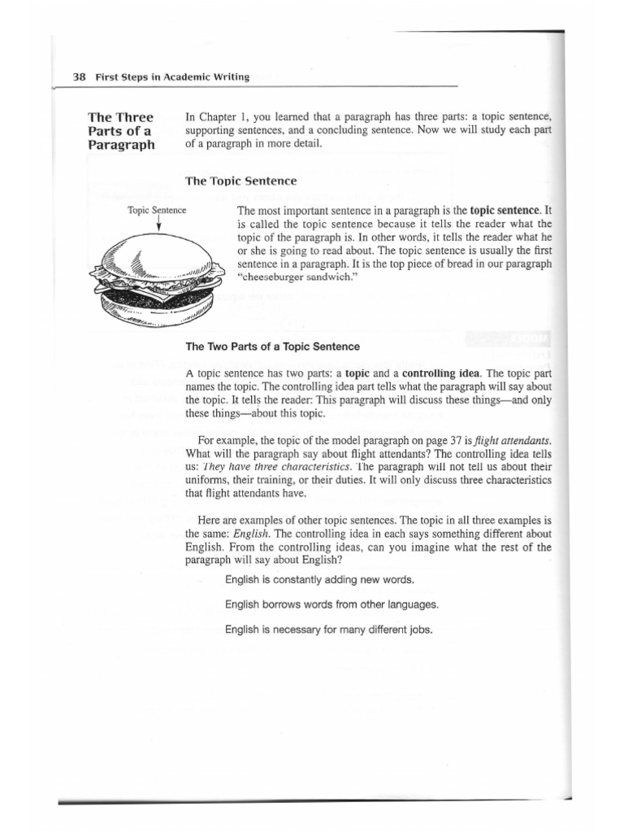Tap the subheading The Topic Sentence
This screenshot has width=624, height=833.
241,181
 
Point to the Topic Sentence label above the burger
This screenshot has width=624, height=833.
157,210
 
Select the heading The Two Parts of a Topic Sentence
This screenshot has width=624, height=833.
272,347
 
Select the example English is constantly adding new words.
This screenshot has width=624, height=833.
319,580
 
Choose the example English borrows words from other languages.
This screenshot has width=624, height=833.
331,604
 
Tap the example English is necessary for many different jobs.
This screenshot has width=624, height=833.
329,630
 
